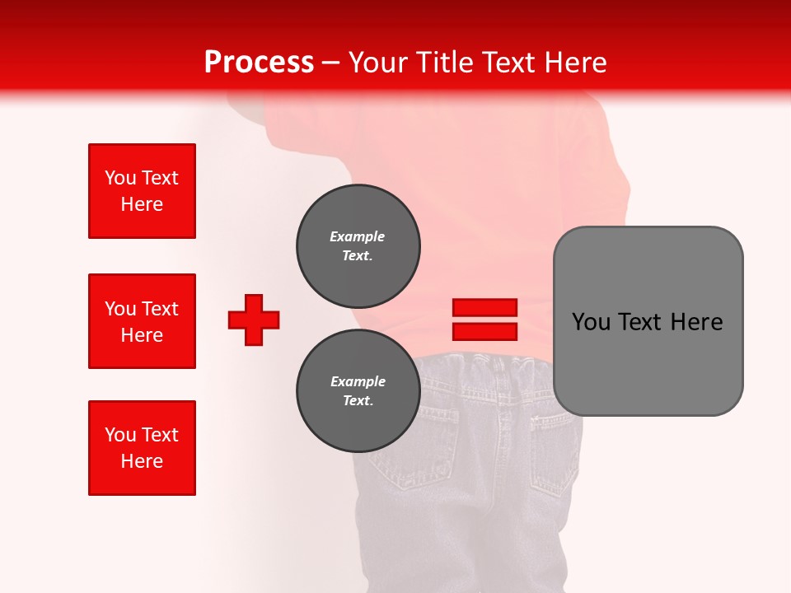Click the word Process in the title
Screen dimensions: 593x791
[x=259, y=63]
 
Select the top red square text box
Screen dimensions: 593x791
[x=142, y=191]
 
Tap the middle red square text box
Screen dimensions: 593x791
[x=142, y=321]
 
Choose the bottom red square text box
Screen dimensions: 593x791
[x=142, y=448]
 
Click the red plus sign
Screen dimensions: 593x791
[x=254, y=320]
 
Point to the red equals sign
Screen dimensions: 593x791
[x=484, y=320]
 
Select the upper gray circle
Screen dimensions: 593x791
[x=358, y=246]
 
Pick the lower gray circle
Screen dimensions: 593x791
[x=358, y=391]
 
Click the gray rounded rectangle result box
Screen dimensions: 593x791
[x=648, y=320]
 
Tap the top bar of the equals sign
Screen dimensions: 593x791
[x=484, y=308]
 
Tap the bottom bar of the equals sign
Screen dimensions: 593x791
[x=484, y=331]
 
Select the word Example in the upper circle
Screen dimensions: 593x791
[x=357, y=236]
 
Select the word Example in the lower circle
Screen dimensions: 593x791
[x=358, y=381]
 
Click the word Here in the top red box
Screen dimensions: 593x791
[x=142, y=204]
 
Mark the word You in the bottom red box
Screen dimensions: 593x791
[x=120, y=435]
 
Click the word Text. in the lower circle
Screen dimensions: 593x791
[x=358, y=401]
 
